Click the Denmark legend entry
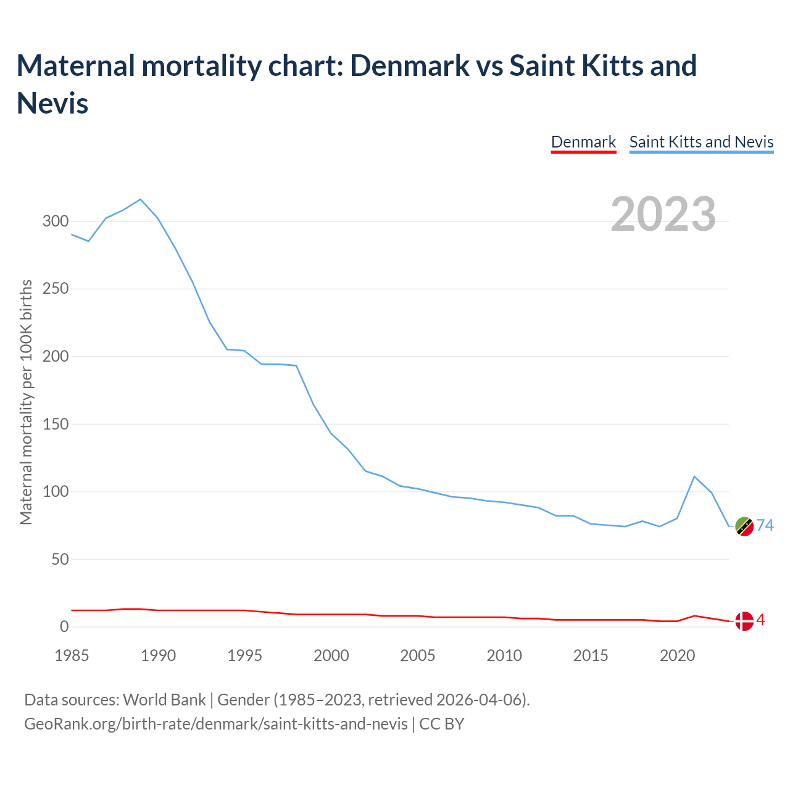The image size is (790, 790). pyautogui.click(x=583, y=142)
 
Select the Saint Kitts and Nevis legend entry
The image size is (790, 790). pyautogui.click(x=701, y=142)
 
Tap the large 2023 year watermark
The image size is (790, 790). pyautogui.click(x=663, y=214)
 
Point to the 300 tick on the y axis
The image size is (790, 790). pyautogui.click(x=55, y=221)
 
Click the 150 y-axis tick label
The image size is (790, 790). pyautogui.click(x=55, y=424)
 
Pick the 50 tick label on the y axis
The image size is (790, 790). pyautogui.click(x=59, y=560)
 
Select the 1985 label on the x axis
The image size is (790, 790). pyautogui.click(x=72, y=655)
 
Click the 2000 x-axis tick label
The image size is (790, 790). pyautogui.click(x=331, y=655)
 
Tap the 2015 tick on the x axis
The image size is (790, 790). pyautogui.click(x=591, y=655)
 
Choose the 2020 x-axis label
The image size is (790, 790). pyautogui.click(x=678, y=655)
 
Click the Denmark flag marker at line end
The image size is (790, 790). pyautogui.click(x=744, y=621)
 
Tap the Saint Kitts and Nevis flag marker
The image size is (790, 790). pyautogui.click(x=744, y=526)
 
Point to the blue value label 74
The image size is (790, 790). pyautogui.click(x=765, y=525)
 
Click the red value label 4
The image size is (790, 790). pyautogui.click(x=761, y=620)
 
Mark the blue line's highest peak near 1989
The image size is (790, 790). pyautogui.click(x=141, y=199)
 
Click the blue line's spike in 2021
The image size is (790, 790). pyautogui.click(x=694, y=476)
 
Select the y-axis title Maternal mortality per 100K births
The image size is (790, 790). pyautogui.click(x=26, y=402)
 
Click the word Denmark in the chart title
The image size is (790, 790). pyautogui.click(x=409, y=65)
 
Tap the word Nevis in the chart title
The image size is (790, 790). pyautogui.click(x=52, y=102)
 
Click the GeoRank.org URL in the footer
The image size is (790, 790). pyautogui.click(x=215, y=723)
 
